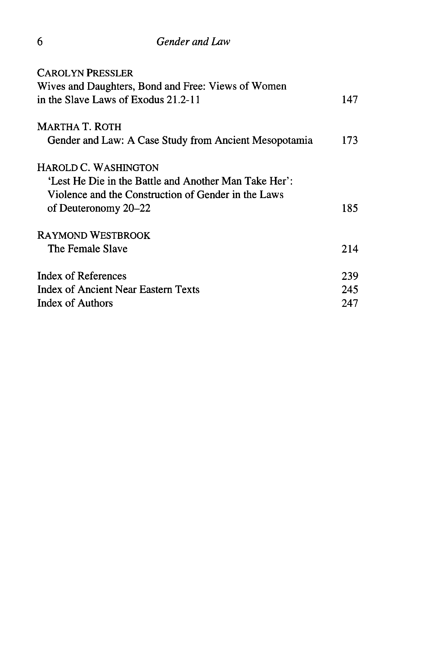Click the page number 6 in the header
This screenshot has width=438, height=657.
[40, 42]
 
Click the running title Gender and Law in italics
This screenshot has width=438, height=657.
[193, 42]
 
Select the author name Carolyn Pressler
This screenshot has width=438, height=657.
[85, 73]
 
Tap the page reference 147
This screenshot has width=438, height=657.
[349, 100]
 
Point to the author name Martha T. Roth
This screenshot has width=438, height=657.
[79, 127]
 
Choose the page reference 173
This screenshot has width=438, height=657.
[349, 140]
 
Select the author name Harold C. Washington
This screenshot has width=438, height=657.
[98, 168]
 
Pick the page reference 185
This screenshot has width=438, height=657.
[349, 208]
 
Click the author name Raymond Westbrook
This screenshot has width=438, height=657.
[94, 236]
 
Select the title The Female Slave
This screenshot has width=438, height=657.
[87, 249]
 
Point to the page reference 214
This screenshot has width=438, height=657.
[349, 249]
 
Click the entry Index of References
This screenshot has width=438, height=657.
[82, 276]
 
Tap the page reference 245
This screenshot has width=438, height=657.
[349, 290]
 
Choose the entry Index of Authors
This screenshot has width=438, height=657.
[75, 303]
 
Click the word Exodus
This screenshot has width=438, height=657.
[147, 100]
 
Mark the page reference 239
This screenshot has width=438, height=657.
[349, 276]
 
